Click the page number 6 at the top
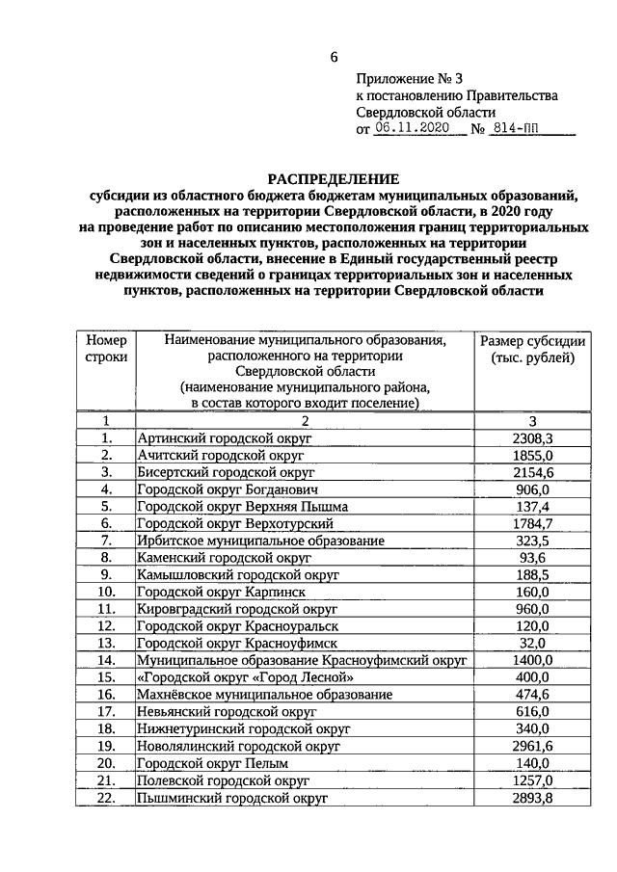tap(334, 57)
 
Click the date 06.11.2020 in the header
tap(413, 129)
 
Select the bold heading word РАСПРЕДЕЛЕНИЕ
tap(334, 179)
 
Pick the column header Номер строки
tap(106, 350)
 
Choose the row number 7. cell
tap(106, 541)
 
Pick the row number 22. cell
tap(106, 798)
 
